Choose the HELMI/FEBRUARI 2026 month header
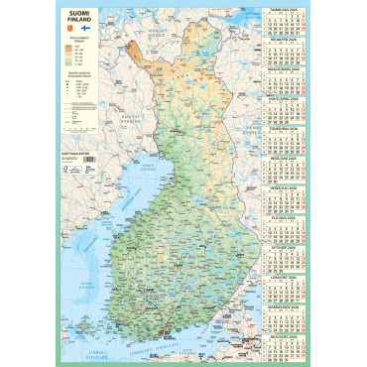286,41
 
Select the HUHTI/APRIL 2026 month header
286,99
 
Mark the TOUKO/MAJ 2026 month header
286,128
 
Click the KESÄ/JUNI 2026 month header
286,157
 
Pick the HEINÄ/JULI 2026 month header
286,186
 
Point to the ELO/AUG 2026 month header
286,215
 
